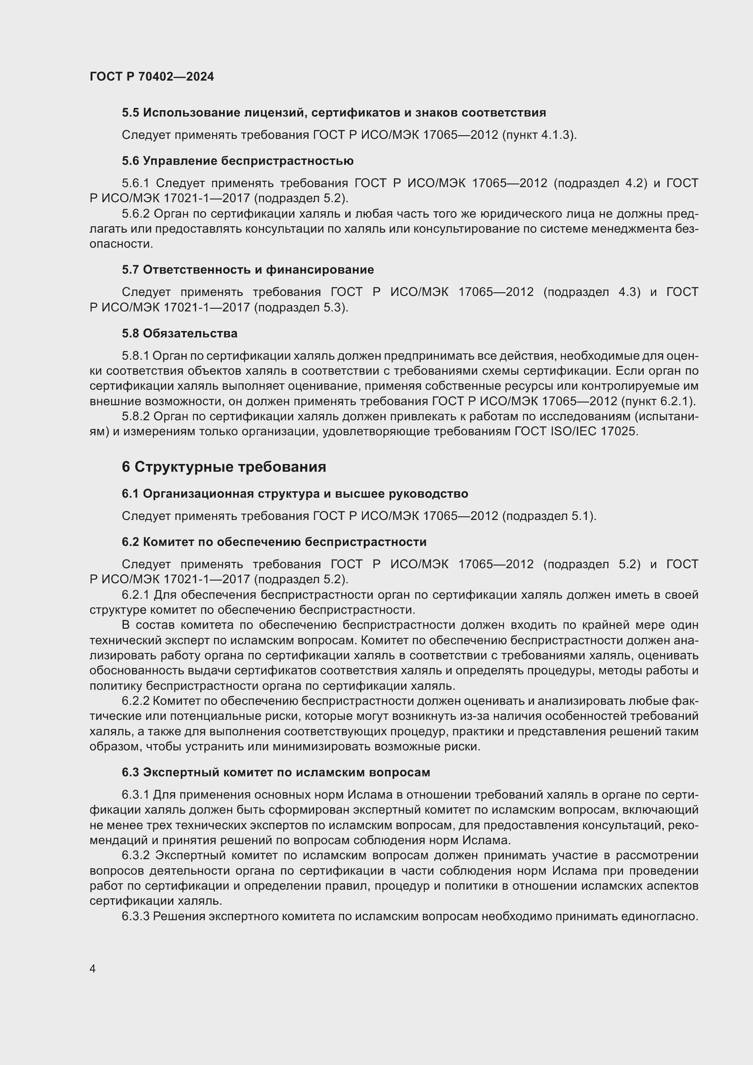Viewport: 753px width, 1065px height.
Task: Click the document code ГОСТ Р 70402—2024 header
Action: click(152, 77)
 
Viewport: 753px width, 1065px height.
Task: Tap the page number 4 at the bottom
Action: click(93, 969)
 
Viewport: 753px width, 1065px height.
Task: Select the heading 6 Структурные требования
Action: click(224, 467)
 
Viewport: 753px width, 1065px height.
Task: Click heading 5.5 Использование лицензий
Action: click(334, 113)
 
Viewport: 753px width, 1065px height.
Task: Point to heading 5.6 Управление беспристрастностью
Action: click(237, 161)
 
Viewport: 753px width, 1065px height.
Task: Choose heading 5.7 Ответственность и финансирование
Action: click(248, 270)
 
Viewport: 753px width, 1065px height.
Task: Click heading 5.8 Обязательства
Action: click(179, 333)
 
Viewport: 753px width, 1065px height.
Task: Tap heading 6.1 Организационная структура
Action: click(295, 494)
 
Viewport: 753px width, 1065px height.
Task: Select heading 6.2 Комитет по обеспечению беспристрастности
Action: click(274, 542)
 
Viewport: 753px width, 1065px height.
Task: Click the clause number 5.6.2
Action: click(136, 214)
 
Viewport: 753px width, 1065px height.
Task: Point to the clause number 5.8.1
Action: click(135, 356)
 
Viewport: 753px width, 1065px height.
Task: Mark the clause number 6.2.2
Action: click(135, 701)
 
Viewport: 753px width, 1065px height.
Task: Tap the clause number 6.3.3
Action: click(135, 917)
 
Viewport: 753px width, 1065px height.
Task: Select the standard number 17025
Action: click(619, 432)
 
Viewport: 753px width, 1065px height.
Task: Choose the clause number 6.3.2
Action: click(136, 856)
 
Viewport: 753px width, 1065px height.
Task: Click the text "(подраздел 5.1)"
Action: click(549, 516)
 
